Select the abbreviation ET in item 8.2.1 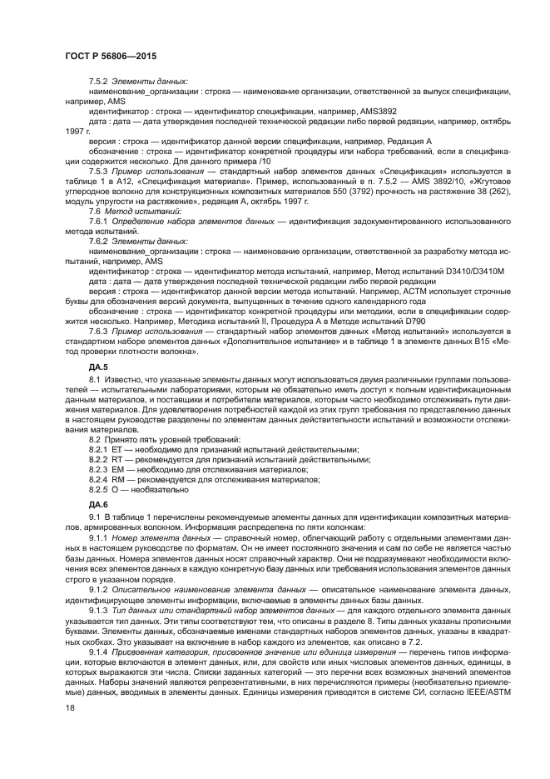(x=116, y=448)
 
